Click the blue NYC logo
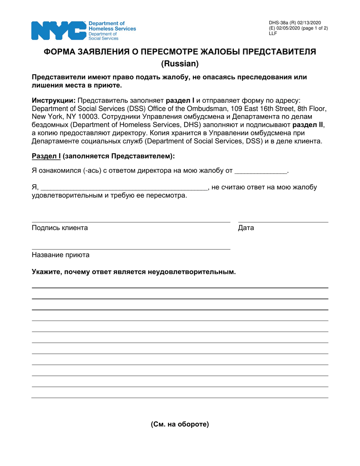(x=58, y=30)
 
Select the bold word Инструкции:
(x=53, y=100)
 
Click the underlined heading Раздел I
(x=46, y=156)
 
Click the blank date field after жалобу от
(x=261, y=171)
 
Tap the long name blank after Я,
(x=124, y=187)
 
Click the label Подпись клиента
(x=60, y=228)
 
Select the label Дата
(x=246, y=228)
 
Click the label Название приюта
(x=61, y=255)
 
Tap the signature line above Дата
(x=283, y=222)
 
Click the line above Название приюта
(x=131, y=249)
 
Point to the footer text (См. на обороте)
(x=180, y=424)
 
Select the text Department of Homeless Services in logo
(x=112, y=26)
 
